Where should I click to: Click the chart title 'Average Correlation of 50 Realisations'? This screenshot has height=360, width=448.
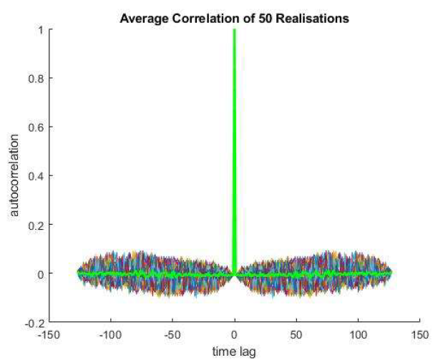234,19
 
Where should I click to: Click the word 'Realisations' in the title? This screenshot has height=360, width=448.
316,19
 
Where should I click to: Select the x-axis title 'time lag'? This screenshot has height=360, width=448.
234,351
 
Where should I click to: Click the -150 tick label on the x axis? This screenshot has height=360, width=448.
48,334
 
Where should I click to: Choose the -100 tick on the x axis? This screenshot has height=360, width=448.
110,334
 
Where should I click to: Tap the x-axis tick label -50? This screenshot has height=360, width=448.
172,334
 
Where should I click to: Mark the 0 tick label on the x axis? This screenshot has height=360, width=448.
234,334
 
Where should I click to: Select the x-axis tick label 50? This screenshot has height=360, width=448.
296,334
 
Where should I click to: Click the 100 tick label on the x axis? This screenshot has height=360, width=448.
358,334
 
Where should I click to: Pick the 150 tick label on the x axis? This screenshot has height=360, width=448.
419,334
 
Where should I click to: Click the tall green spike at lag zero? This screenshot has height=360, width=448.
234,143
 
